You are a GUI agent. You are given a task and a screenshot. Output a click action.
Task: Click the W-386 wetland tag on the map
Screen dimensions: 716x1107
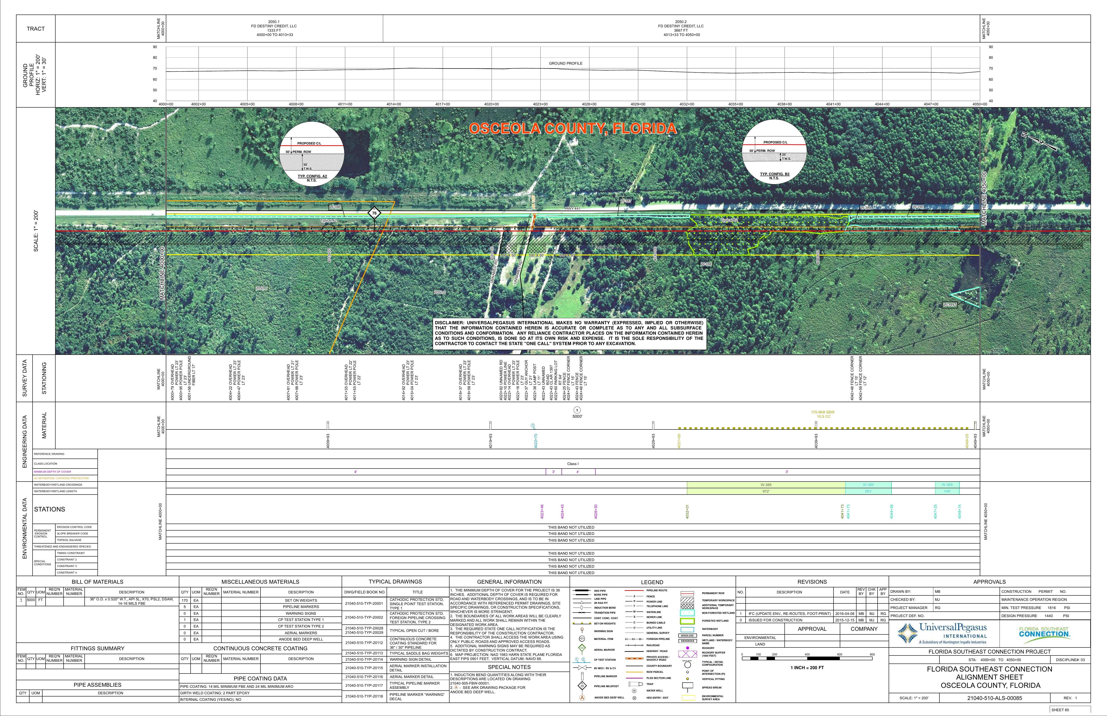pos(335,207)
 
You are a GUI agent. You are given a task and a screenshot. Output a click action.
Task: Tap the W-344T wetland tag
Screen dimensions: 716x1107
pos(950,305)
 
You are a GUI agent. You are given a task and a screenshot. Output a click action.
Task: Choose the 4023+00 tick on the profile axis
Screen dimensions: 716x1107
pos(540,104)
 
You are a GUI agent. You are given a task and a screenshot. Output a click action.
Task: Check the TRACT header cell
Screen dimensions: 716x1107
pos(36,29)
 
